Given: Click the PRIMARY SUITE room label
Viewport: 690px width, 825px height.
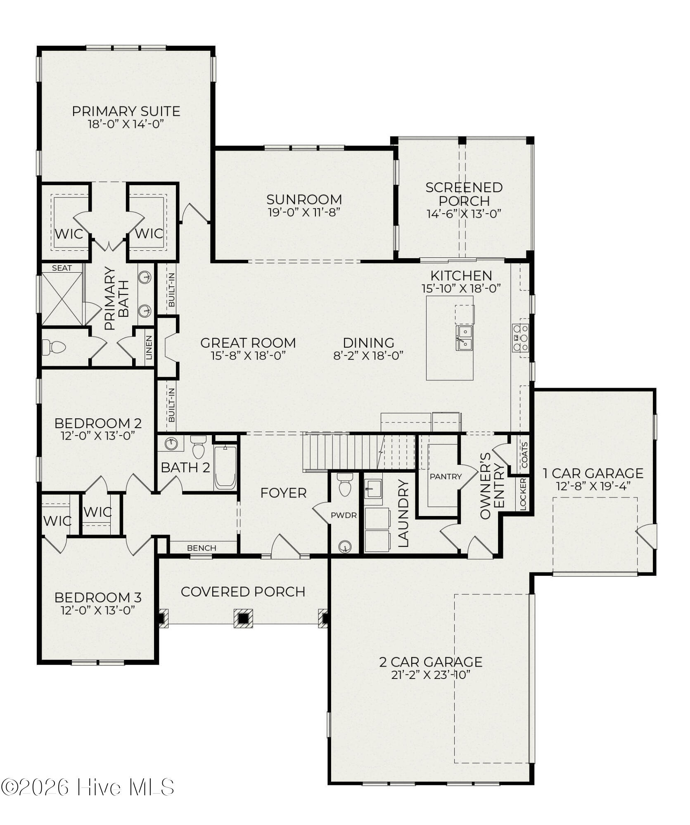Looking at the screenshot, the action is pyautogui.click(x=126, y=111).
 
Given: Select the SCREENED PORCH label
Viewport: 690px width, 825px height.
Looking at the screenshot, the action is pyautogui.click(x=464, y=194).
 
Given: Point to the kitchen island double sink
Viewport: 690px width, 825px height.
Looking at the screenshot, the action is pyautogui.click(x=465, y=338).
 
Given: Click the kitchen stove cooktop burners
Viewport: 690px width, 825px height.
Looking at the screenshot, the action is pyautogui.click(x=520, y=338).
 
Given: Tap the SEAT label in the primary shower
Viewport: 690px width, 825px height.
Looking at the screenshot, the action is pyautogui.click(x=62, y=268).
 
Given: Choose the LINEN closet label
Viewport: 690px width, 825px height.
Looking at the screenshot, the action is pyautogui.click(x=149, y=347).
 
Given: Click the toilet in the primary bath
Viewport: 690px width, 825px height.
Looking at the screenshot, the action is pyautogui.click(x=54, y=347).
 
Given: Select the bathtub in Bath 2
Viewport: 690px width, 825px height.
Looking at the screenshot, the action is pyautogui.click(x=225, y=467).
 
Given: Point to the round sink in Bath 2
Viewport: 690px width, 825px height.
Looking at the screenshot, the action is pyautogui.click(x=171, y=444).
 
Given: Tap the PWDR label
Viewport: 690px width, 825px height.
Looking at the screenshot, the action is pyautogui.click(x=344, y=515).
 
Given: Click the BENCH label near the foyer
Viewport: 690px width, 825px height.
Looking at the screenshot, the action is pyautogui.click(x=202, y=548).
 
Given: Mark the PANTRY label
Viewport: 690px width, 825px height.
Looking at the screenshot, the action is pyautogui.click(x=446, y=476).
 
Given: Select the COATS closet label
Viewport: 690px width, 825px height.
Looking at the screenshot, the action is pyautogui.click(x=524, y=455).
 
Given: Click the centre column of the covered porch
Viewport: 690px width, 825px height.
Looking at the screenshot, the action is pyautogui.click(x=243, y=618).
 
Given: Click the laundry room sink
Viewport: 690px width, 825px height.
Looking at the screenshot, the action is pyautogui.click(x=373, y=489).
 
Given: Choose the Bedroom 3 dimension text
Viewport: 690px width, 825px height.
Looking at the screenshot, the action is pyautogui.click(x=98, y=610).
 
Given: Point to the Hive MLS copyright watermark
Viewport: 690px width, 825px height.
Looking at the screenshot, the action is pyautogui.click(x=87, y=787).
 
